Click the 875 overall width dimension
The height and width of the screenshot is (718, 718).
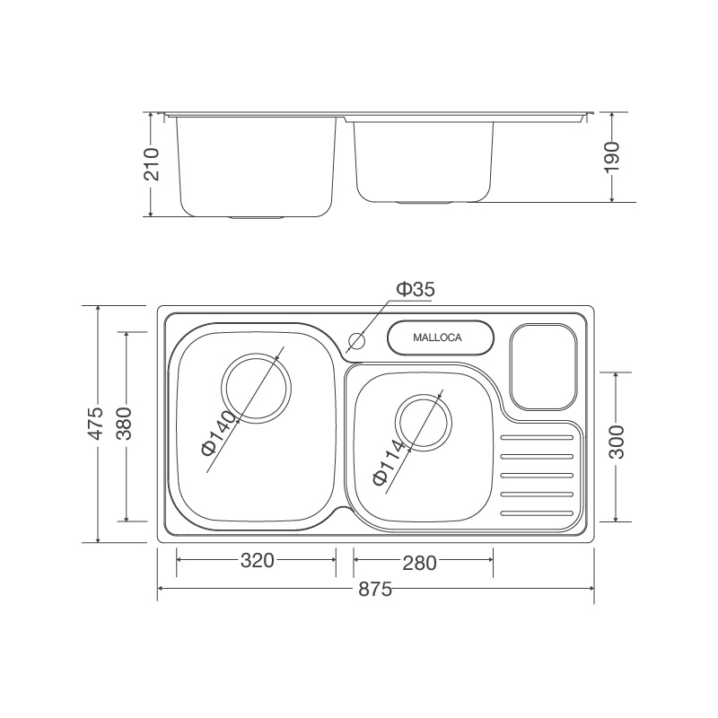click(375, 590)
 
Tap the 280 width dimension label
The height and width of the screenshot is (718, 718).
click(419, 563)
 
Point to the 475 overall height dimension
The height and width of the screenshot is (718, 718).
click(97, 424)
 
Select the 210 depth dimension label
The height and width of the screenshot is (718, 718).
click(152, 164)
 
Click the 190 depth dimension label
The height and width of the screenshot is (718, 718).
click(611, 158)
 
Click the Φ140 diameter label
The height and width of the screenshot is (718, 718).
click(218, 434)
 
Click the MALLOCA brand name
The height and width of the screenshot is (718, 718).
click(437, 338)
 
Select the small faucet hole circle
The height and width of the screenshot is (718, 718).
click(356, 341)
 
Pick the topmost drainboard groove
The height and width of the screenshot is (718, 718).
click(537, 439)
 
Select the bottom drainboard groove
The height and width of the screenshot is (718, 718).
click(537, 513)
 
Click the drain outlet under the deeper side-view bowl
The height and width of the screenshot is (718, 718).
click(256, 217)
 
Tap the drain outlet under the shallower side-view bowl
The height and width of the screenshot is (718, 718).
click(424, 203)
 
